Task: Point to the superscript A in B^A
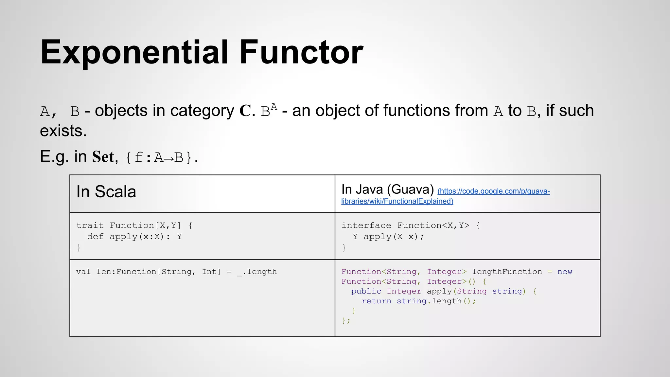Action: pos(274,107)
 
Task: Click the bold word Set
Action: pos(103,157)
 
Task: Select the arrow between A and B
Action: pos(169,158)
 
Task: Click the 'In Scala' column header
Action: pos(106,192)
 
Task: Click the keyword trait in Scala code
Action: pos(90,225)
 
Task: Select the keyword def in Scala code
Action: pos(95,237)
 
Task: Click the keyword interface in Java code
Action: pos(366,225)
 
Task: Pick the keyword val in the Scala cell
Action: pos(83,272)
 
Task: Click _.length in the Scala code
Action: pos(257,272)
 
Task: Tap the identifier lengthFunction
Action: pos(507,272)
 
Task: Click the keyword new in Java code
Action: pos(565,272)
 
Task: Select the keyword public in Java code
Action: pos(366,291)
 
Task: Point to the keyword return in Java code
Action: pos(376,301)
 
